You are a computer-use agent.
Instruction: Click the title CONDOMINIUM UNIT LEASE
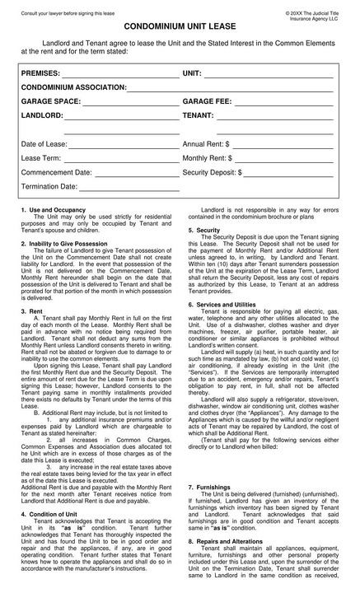[180, 26]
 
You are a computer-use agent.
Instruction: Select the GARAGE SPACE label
[50, 102]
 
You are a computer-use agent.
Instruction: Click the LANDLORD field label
[42, 116]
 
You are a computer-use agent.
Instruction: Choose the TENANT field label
[198, 116]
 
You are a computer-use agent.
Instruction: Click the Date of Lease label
[44, 144]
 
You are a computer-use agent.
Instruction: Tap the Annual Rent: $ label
[207, 144]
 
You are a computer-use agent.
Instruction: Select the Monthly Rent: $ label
[207, 158]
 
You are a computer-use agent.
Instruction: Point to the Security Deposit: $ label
[212, 173]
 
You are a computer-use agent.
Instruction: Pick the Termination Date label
[49, 187]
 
